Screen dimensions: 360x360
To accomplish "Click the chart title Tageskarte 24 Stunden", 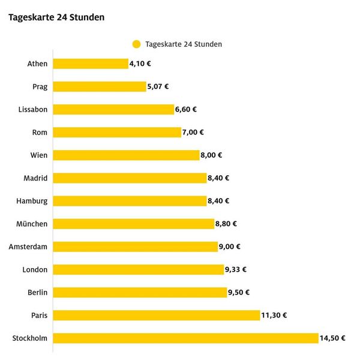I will [x=56, y=17].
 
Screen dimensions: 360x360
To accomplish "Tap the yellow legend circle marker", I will [x=136, y=44].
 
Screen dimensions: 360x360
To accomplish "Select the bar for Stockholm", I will [x=185, y=338].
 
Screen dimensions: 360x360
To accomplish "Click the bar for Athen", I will [x=91, y=64].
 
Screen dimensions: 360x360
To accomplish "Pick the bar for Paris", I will [x=156, y=315].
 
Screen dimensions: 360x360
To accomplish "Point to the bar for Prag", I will [x=100, y=86].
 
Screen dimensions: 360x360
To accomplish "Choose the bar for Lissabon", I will [x=113, y=109].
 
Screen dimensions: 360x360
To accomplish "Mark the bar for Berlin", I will [x=140, y=292].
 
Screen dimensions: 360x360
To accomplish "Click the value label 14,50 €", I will [x=333, y=338].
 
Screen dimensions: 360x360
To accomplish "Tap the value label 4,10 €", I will [x=141, y=64].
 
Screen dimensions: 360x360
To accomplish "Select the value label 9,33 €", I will [x=236, y=269].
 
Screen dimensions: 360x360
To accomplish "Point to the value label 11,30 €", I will [x=274, y=315].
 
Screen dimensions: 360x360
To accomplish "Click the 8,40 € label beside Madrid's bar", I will [x=218, y=178].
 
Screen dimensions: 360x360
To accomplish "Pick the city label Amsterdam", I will [x=28, y=247].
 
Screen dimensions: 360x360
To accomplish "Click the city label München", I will [x=32, y=224].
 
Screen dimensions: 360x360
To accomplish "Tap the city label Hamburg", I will [x=32, y=201].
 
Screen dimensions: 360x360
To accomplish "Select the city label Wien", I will [x=39, y=155].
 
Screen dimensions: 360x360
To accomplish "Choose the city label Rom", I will [x=40, y=132].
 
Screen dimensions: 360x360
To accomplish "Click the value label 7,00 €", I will [x=193, y=132].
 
